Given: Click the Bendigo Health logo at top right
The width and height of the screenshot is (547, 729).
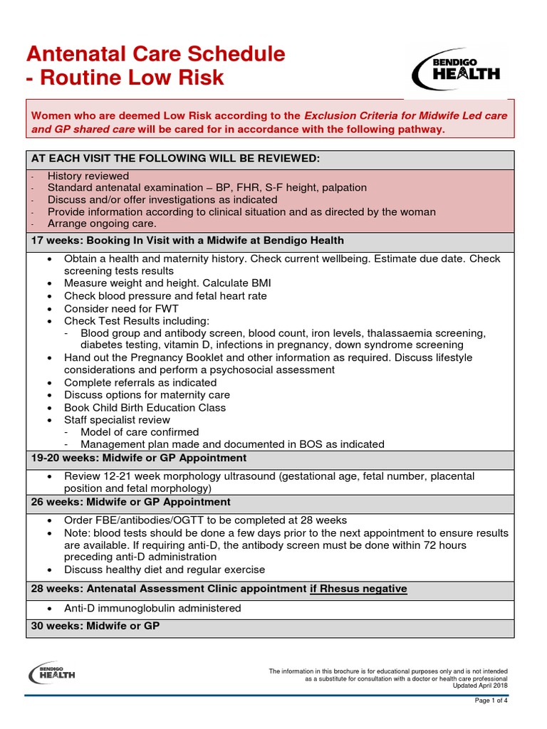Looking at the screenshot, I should click(457, 70).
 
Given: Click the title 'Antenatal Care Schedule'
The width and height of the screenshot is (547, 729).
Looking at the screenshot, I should click(155, 54).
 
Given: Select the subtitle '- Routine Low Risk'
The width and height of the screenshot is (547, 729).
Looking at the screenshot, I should click(125, 78).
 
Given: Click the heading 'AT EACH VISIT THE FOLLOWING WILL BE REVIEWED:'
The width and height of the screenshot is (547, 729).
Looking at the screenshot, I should click(175, 158).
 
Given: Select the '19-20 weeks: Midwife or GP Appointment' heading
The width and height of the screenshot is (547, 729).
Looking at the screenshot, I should click(139, 458).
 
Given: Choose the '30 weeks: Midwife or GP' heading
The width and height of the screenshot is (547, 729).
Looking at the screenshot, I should click(95, 626).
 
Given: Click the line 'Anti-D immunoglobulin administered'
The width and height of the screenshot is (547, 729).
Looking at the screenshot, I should click(152, 608).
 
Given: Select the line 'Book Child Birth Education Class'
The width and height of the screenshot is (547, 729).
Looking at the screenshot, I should click(145, 407).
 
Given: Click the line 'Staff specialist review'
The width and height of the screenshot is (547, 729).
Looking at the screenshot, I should click(117, 420).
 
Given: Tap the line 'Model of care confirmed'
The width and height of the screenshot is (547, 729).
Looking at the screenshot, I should click(140, 432).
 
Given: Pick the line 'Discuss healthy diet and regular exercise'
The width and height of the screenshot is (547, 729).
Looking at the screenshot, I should click(164, 570).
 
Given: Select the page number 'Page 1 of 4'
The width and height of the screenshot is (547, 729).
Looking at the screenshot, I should click(491, 701).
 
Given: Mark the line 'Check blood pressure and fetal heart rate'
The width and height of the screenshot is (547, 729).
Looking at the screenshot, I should click(165, 295).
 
